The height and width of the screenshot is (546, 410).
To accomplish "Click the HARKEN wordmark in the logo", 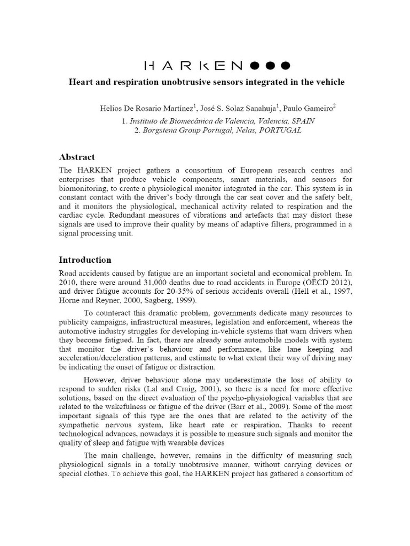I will (194, 66).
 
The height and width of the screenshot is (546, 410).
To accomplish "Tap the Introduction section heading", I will (85, 260).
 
